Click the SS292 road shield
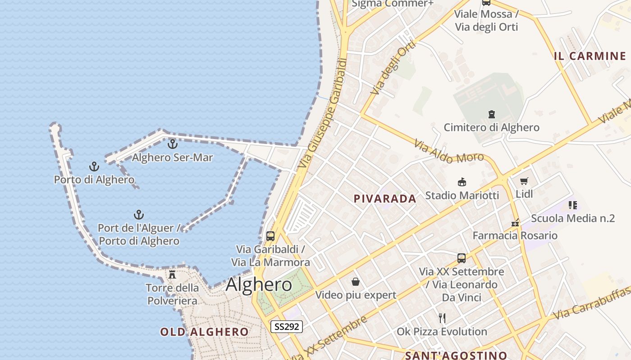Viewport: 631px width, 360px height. click(287, 326)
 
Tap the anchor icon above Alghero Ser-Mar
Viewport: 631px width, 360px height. click(172, 144)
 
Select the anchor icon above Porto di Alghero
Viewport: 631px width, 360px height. click(94, 166)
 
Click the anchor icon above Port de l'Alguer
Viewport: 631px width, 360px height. click(139, 215)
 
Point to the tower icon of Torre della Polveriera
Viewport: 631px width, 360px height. click(172, 274)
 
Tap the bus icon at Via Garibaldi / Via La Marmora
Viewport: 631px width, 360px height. click(270, 236)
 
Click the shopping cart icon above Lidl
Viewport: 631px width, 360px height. click(524, 181)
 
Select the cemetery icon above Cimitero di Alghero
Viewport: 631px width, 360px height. click(492, 114)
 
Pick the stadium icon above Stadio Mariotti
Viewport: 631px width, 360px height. click(462, 182)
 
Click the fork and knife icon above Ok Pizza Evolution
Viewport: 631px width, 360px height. click(442, 318)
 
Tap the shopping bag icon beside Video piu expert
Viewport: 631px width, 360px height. click(356, 282)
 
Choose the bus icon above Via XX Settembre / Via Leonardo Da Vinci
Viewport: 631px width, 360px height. click(462, 258)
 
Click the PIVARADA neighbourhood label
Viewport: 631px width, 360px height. click(385, 198)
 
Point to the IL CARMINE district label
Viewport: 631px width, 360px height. click(590, 56)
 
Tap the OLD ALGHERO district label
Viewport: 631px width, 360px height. click(204, 332)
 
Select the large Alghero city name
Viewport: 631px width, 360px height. click(259, 284)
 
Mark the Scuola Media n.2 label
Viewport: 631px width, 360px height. click(572, 218)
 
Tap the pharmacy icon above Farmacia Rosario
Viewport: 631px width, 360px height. click(515, 223)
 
